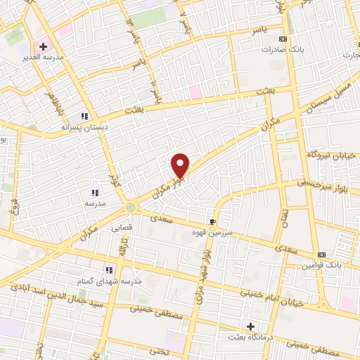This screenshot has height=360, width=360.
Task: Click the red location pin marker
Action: pyautogui.click(x=181, y=165)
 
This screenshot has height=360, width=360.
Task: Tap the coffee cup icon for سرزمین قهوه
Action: pyautogui.click(x=213, y=221)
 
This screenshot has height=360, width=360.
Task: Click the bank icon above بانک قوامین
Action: pyautogui.click(x=322, y=255)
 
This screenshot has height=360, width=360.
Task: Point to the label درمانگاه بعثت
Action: pyautogui.click(x=250, y=337)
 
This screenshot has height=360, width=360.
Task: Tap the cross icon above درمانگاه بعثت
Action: pyautogui.click(x=250, y=326)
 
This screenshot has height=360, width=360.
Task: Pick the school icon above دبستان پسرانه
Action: pyautogui.click(x=84, y=116)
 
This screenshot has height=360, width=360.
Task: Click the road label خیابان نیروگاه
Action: pyautogui.click(x=332, y=154)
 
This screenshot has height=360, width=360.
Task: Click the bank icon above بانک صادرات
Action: pyautogui.click(x=283, y=39)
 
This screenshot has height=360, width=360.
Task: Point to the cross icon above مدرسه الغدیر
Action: pyautogui.click(x=43, y=46)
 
